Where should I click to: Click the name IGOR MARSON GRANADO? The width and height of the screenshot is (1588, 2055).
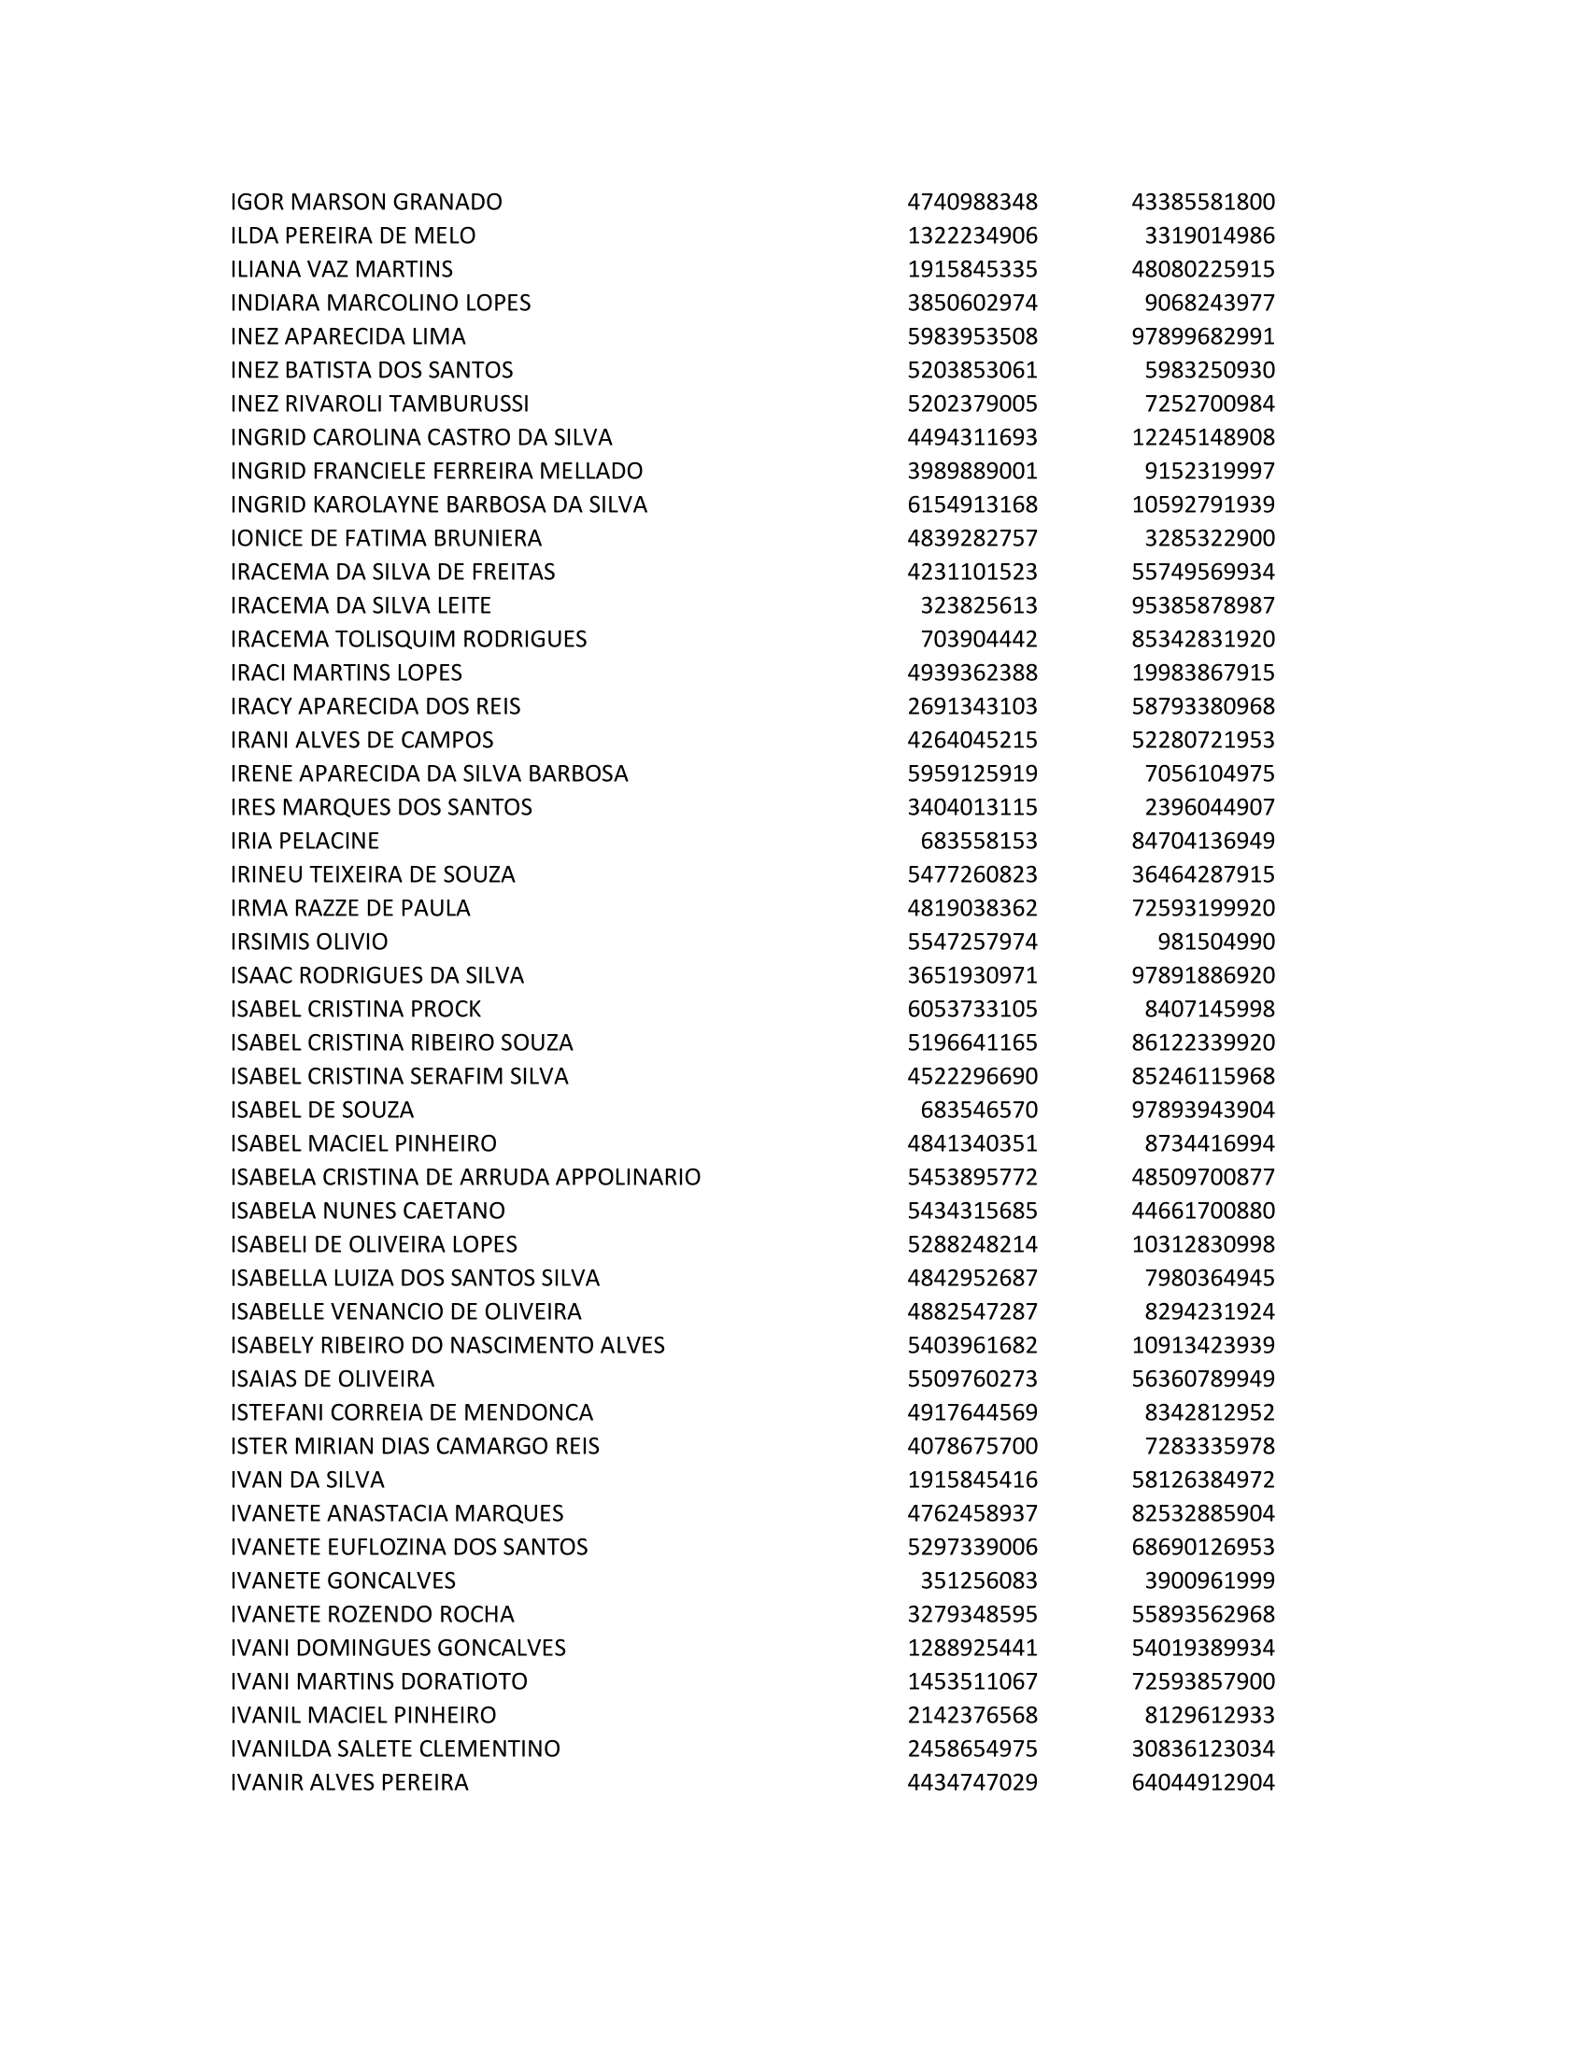point(366,203)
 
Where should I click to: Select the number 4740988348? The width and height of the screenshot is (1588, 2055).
point(971,203)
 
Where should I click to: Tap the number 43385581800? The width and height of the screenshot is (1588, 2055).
point(1202,203)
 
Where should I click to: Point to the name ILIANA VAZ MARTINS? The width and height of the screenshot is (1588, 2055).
point(342,269)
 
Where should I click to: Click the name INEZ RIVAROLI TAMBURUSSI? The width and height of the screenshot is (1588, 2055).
point(379,404)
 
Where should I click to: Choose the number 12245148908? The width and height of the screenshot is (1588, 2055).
point(1202,437)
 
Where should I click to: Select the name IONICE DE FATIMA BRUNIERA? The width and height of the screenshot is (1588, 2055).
point(386,538)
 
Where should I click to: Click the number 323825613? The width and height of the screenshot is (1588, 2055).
point(978,605)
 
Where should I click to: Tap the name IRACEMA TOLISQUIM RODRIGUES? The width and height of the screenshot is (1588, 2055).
point(408,639)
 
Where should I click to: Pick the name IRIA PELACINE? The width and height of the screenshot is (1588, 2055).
point(305,841)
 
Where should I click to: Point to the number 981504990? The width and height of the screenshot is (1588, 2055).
point(1215,942)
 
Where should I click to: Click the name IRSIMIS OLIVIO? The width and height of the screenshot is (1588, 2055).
point(308,942)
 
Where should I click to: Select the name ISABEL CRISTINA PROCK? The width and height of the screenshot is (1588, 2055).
point(356,1009)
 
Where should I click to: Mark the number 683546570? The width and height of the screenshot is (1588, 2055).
point(978,1110)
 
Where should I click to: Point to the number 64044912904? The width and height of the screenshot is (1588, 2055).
point(1202,1782)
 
